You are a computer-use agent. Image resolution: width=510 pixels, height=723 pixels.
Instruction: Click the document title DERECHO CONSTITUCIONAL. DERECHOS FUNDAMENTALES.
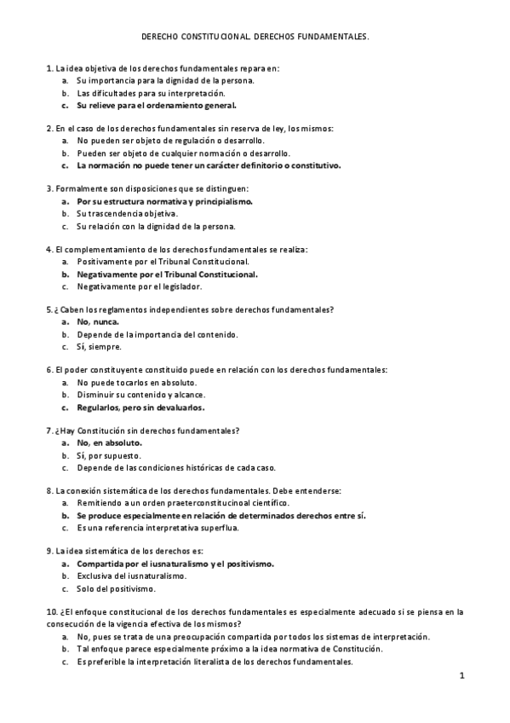pyautogui.click(x=255, y=38)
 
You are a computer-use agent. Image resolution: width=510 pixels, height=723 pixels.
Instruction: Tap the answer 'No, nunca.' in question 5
pyautogui.click(x=97, y=322)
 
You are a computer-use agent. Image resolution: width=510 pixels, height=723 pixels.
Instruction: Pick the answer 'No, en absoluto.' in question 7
pyautogui.click(x=109, y=443)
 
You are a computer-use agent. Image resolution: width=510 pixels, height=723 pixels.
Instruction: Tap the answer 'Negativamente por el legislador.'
pyautogui.click(x=139, y=286)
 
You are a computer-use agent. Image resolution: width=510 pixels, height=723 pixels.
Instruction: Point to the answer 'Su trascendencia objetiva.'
pyautogui.click(x=127, y=214)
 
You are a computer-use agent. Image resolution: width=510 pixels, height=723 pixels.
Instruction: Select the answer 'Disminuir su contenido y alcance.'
pyautogui.click(x=140, y=395)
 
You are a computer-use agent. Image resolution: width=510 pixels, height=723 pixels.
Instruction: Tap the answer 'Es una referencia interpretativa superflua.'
pyautogui.click(x=158, y=528)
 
